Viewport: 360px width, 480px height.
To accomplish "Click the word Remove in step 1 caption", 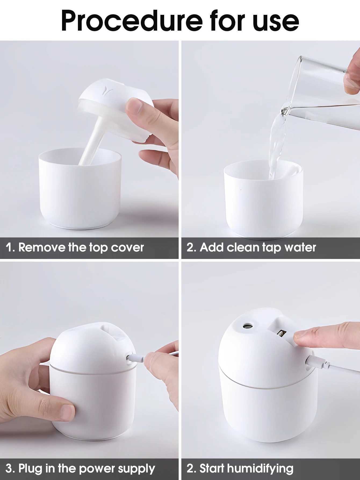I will point(42,247).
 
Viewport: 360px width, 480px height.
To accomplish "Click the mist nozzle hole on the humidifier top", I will point(246,326).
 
